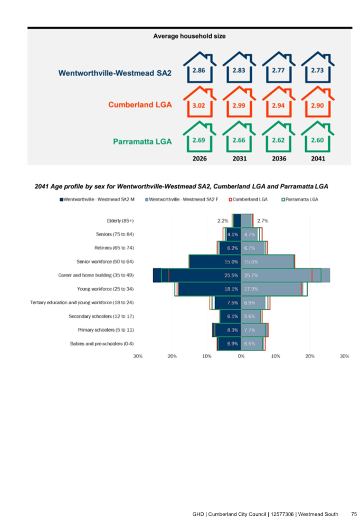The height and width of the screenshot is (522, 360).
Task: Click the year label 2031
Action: tap(240, 159)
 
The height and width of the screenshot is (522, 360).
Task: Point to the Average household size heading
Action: tap(189, 36)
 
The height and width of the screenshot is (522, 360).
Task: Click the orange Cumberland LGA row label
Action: tap(140, 105)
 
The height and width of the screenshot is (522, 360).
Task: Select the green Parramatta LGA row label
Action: tap(143, 141)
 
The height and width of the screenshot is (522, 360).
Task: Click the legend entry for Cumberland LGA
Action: tap(248, 200)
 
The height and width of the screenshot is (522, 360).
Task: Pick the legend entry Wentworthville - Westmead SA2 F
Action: tap(182, 200)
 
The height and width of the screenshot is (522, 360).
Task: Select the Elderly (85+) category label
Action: tap(120, 221)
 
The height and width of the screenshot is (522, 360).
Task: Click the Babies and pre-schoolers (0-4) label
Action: tap(102, 344)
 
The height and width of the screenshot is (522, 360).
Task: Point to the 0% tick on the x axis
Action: tap(241, 356)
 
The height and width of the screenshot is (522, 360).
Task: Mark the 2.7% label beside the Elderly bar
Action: tap(262, 221)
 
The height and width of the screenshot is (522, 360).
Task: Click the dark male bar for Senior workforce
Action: tap(215, 262)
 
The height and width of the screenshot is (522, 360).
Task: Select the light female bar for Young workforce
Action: tap(271, 289)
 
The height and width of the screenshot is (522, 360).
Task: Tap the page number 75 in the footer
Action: tap(354, 514)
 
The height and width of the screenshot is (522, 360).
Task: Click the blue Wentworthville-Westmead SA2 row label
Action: tap(115, 73)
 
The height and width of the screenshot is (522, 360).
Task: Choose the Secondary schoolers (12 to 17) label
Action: tap(101, 316)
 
